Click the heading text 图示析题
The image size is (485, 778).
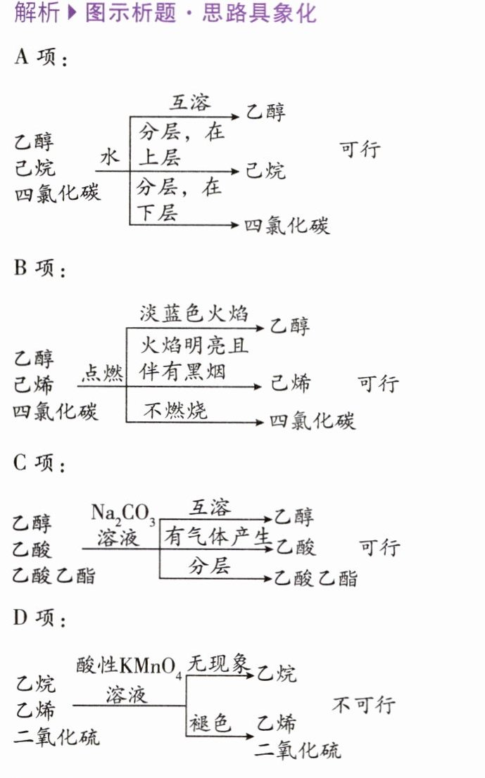pos(131,14)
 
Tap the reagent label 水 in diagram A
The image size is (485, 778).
pos(110,157)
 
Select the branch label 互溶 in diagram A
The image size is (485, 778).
pos(189,103)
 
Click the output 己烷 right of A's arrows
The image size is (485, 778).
pos(266,171)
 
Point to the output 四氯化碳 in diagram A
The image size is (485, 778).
pos(287,226)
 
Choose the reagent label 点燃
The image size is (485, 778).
pos(103,373)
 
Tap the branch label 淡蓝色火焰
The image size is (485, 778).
pos(194,314)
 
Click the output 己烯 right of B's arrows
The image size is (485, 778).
pos(291,383)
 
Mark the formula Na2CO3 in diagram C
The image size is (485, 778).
pos(123,514)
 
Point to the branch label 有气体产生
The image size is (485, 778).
pos(218,537)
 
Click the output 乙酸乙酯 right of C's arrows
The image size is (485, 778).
pos(315,578)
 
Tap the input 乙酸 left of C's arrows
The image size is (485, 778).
pos(32,549)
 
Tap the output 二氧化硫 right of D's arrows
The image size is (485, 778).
pos(298,750)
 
